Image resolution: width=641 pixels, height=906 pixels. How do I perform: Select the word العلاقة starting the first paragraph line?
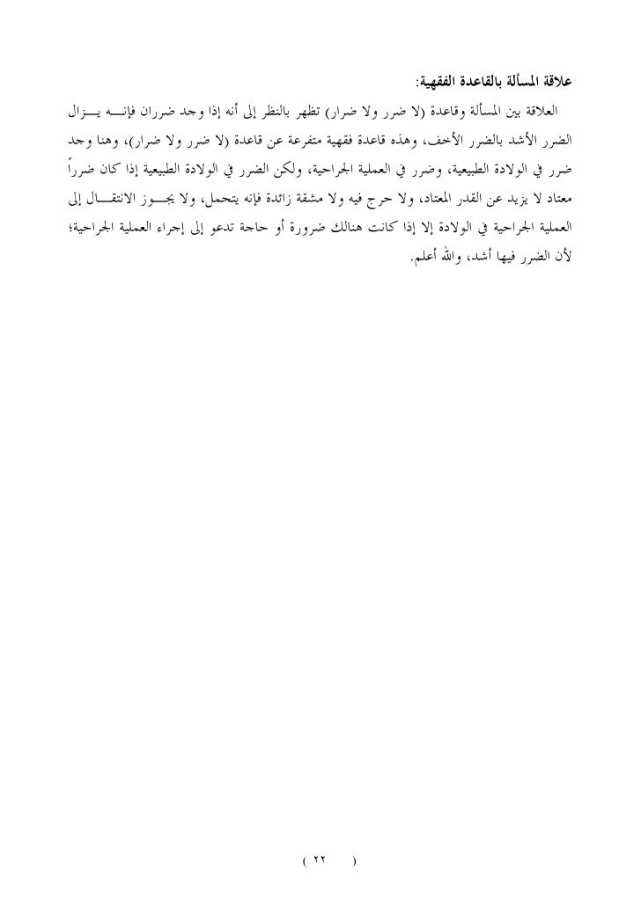point(548,113)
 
